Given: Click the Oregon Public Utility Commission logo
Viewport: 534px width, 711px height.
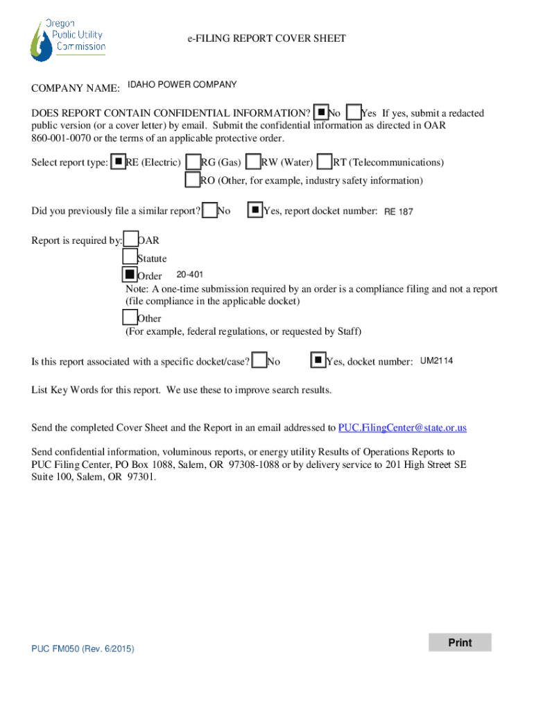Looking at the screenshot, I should click(67, 40).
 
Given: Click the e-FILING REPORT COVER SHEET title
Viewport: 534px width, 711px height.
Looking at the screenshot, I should click(266, 39).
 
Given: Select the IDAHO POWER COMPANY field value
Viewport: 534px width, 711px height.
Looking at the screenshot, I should click(182, 85).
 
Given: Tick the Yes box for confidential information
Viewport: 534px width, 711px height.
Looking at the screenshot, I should click(353, 112).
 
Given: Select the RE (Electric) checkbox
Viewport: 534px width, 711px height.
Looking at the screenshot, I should click(119, 162).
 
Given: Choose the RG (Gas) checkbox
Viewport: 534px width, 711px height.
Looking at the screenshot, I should click(193, 162).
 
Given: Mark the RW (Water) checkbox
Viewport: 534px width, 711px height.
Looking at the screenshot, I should click(254, 162).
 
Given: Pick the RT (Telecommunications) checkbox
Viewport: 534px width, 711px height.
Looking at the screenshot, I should click(325, 162).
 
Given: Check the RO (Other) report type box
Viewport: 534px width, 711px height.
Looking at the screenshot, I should click(193, 180).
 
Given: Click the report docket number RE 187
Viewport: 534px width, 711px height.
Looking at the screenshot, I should click(399, 212).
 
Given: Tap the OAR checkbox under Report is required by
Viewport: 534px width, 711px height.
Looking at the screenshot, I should click(130, 240).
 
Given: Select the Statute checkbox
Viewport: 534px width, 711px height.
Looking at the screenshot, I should click(130, 258).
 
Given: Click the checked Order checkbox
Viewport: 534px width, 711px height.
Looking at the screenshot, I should click(130, 275).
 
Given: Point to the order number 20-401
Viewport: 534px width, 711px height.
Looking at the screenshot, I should click(189, 274).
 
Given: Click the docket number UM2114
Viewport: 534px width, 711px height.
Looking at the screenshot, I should click(437, 360).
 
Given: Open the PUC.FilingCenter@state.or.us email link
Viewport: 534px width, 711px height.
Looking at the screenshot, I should click(402, 428).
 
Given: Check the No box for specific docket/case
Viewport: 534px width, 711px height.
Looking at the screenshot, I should click(259, 360).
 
